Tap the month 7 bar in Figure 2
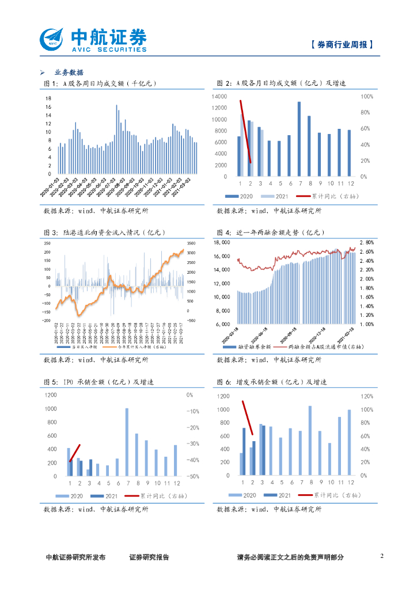299,139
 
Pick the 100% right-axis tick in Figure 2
367,97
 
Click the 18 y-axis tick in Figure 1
49,99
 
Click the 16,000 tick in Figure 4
222,257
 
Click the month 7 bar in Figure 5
127,442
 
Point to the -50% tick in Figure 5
193,477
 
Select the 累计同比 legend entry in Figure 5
159,496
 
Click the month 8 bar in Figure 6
310,441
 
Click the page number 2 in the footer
382,556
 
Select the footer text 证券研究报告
149,557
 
